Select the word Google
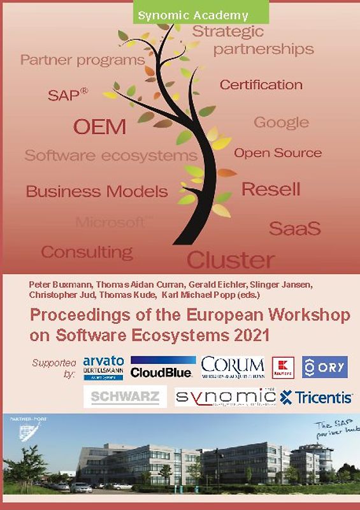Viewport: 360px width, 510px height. click(x=281, y=122)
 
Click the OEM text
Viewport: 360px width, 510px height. click(x=99, y=127)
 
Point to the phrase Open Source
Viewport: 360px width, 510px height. click(x=278, y=153)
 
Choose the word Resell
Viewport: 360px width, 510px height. click(x=271, y=189)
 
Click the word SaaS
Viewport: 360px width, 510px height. click(x=294, y=228)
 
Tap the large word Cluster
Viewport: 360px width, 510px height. click(x=231, y=259)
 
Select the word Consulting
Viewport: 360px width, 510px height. click(x=87, y=251)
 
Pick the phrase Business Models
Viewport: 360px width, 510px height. click(x=97, y=191)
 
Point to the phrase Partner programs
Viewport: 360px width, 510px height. click(x=83, y=61)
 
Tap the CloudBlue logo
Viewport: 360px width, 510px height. click(x=162, y=368)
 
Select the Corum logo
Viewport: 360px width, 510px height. click(x=233, y=367)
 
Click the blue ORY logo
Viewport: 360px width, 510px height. click(x=324, y=367)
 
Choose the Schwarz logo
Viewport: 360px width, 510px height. click(x=125, y=397)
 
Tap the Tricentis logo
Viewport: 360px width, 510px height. click(x=317, y=397)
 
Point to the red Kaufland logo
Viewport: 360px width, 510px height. click(x=282, y=368)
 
